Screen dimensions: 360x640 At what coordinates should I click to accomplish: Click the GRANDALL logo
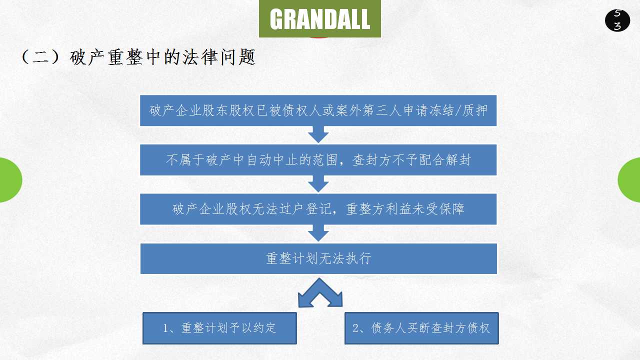pos(320,19)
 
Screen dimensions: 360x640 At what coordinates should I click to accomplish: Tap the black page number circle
pos(617,20)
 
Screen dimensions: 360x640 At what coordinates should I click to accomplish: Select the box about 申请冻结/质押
pos(318,110)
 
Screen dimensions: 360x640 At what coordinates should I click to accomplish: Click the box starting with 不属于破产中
pos(318,160)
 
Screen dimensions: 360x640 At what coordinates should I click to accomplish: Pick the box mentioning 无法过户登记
pos(318,209)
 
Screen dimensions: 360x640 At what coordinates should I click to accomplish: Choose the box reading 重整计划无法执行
pos(318,258)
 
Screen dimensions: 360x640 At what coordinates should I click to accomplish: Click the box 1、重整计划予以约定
pos(219,328)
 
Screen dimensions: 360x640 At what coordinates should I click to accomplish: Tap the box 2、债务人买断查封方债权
pos(421,328)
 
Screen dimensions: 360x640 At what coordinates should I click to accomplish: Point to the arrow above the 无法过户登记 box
pos(318,184)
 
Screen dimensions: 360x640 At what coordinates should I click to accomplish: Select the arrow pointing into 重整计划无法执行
pos(318,233)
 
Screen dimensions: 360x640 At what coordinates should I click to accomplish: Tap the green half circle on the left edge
pos(10,180)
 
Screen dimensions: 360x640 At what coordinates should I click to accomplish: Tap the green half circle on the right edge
pos(629,180)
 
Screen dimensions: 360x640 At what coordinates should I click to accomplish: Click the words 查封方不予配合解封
pos(411,160)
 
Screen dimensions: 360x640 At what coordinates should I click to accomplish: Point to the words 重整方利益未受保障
pos(405,209)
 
